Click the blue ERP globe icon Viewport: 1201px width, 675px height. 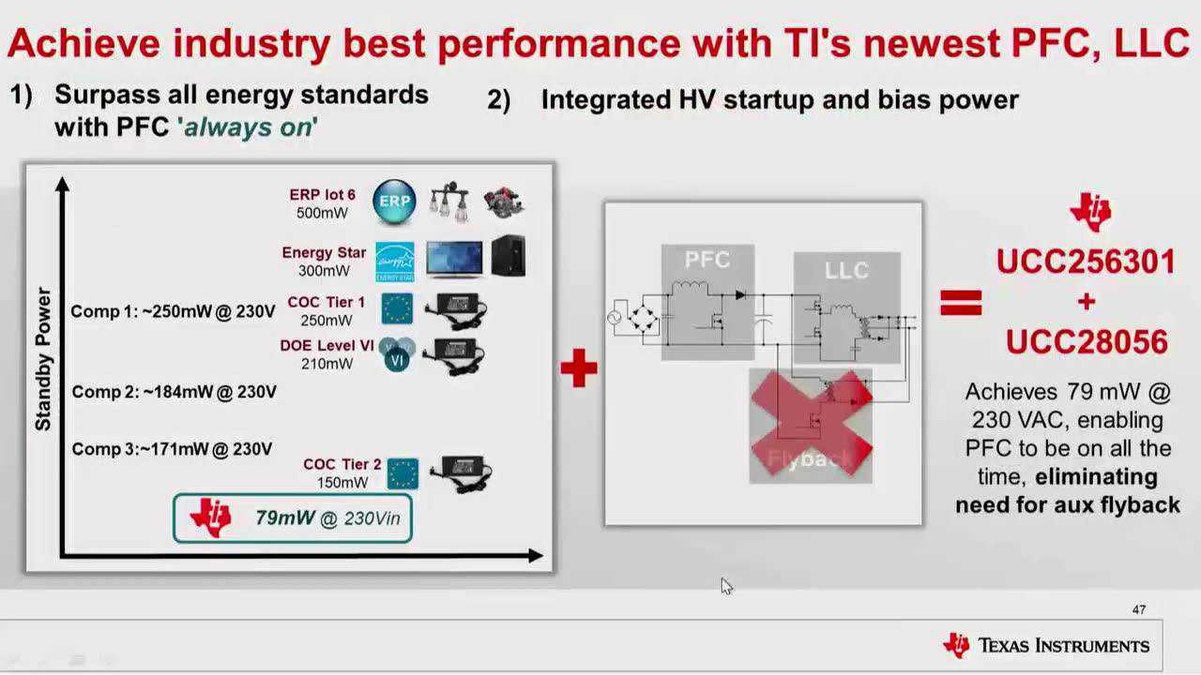pos(394,202)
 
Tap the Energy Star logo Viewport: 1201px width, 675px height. pos(395,262)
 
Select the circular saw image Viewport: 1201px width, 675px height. pos(504,202)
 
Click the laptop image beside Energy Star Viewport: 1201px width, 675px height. pos(454,260)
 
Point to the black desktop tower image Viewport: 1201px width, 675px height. pos(509,256)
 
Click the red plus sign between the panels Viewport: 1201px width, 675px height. pos(579,368)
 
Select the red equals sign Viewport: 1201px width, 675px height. pos(962,303)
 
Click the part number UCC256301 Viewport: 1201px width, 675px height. pos(1086,262)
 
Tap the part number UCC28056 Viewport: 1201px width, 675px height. pos(1087,342)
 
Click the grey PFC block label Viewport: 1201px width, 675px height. pos(707,260)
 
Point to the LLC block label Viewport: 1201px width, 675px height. pos(846,270)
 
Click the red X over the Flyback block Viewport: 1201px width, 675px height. pos(812,423)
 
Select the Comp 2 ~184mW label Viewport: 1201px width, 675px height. pos(175,392)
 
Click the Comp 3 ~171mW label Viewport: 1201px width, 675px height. pos(172,449)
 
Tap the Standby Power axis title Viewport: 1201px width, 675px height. pos(43,359)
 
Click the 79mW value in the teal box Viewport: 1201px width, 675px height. pos(284,518)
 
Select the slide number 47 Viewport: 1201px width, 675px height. pos(1139,609)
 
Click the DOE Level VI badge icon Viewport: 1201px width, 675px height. pos(397,354)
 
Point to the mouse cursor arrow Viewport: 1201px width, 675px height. pos(726,587)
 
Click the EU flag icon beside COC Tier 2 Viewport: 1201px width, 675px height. pos(403,474)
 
